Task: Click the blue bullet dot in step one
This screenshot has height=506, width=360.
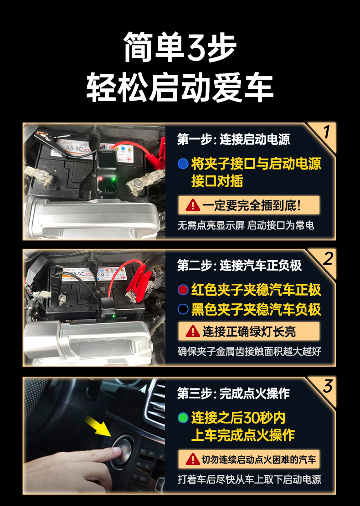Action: [183, 164]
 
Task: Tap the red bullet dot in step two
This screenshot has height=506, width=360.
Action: [183, 290]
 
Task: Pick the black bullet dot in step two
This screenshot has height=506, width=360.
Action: [183, 309]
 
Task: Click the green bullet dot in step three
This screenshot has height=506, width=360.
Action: [183, 418]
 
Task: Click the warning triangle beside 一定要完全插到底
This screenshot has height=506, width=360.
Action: [193, 205]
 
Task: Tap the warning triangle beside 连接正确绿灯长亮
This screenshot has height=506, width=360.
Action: [193, 331]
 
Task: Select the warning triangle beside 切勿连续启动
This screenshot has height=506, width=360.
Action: [193, 459]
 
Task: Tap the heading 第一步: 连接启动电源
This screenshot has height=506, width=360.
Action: [233, 139]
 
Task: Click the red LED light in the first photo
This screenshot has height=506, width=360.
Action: [100, 179]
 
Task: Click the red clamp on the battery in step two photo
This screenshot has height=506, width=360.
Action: [139, 283]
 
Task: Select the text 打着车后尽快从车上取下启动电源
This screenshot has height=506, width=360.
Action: [249, 479]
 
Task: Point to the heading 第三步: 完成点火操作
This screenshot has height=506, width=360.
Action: [233, 394]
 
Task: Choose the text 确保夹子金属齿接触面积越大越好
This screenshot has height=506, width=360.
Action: [249, 352]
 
